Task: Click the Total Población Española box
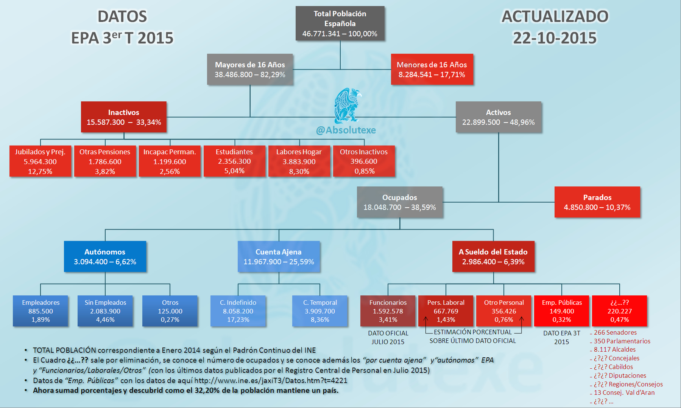[340, 23]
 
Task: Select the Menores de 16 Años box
[432, 69]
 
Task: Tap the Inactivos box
[124, 117]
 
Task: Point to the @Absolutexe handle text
[346, 130]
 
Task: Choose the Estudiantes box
[234, 161]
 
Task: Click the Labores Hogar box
[299, 161]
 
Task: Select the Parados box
[597, 202]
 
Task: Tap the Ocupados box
[400, 202]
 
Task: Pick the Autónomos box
[105, 256]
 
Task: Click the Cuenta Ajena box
[279, 256]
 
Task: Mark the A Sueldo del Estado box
[493, 256]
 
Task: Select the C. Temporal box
[320, 311]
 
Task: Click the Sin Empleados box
[105, 311]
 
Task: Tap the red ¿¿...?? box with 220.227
[620, 311]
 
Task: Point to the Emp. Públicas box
[562, 311]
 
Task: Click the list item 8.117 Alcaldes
[615, 350]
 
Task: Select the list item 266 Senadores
[615, 332]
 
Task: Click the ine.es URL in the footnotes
[271, 380]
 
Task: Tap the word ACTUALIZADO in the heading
[555, 16]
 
